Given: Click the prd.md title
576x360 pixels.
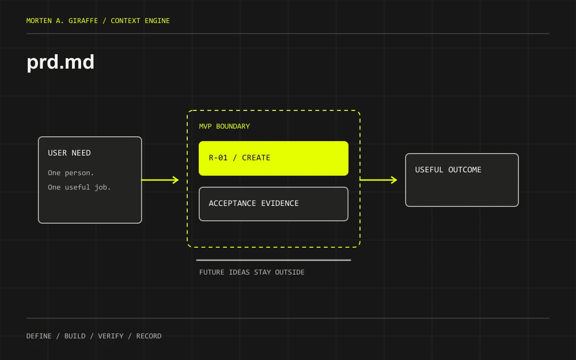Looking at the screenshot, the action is pyautogui.click(x=60, y=63).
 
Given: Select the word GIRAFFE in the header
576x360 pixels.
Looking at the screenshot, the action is pyautogui.click(x=83, y=21).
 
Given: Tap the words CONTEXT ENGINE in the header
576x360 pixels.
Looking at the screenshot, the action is pyautogui.click(x=140, y=21).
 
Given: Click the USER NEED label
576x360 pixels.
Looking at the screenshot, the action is pyautogui.click(x=69, y=153).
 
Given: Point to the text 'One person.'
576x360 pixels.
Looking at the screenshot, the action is pyautogui.click(x=71, y=173).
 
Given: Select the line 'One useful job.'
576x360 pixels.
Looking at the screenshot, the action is pyautogui.click(x=79, y=187).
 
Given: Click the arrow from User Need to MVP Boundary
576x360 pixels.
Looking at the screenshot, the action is pyautogui.click(x=160, y=180).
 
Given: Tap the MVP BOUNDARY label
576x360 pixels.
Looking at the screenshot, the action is pyautogui.click(x=224, y=126).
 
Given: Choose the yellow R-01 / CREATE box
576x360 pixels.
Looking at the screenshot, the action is pyautogui.click(x=274, y=158).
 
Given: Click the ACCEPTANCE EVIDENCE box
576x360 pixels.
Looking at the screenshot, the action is pyautogui.click(x=274, y=204).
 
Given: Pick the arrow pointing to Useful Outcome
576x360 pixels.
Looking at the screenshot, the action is pyautogui.click(x=378, y=180).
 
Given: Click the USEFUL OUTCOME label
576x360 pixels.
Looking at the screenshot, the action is pyautogui.click(x=448, y=170).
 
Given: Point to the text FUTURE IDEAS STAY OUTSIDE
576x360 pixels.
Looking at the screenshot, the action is pyautogui.click(x=252, y=272).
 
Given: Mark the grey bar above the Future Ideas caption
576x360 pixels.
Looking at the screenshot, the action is pyautogui.click(x=274, y=260).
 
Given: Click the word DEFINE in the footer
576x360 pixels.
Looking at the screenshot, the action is pyautogui.click(x=39, y=336).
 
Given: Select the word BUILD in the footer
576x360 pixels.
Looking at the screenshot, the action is pyautogui.click(x=75, y=336).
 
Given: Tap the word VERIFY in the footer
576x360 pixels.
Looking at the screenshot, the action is pyautogui.click(x=111, y=336).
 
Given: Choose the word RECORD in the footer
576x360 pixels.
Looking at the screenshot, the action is pyautogui.click(x=149, y=336).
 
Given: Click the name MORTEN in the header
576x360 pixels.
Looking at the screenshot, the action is pyautogui.click(x=39, y=21).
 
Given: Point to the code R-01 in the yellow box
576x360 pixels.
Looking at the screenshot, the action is pyautogui.click(x=218, y=157).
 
